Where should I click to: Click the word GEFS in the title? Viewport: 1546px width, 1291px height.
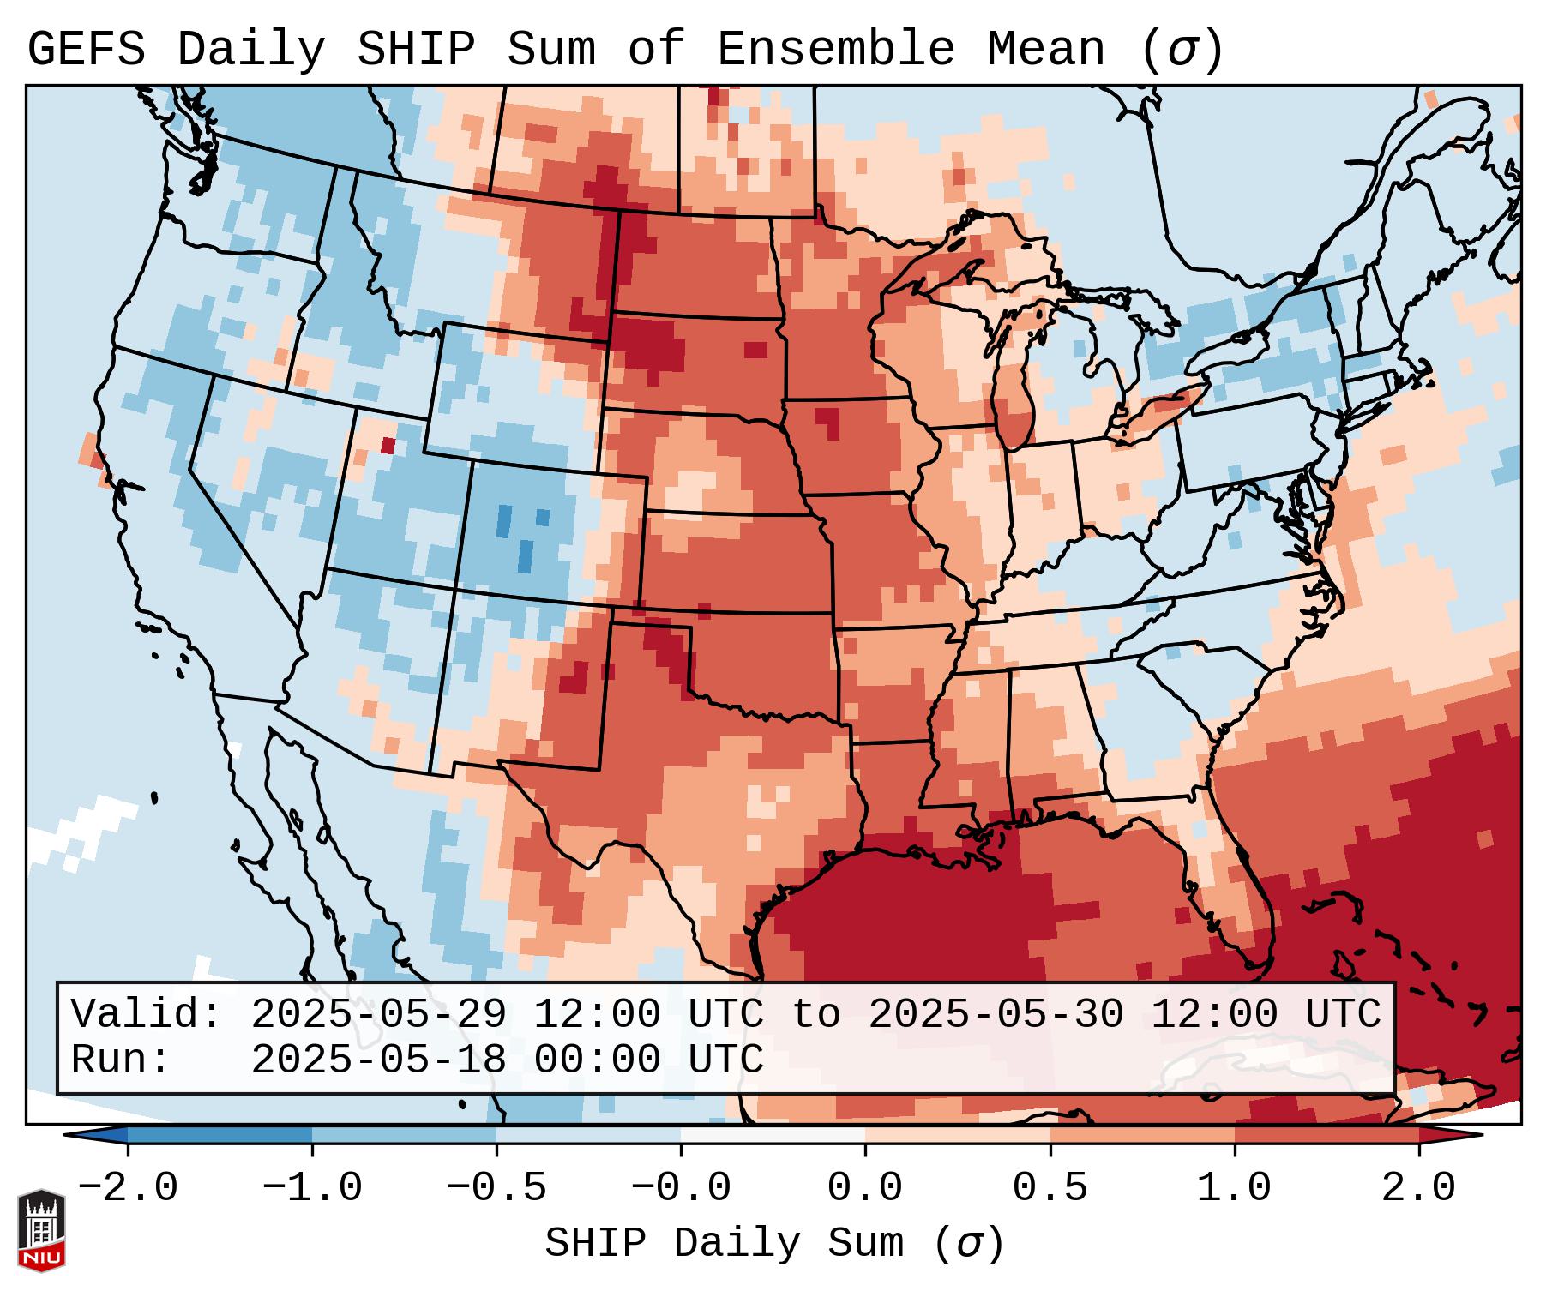[x=86, y=50]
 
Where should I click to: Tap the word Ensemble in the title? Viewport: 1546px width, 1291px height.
[x=835, y=50]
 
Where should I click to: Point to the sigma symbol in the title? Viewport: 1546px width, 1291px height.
[x=1182, y=51]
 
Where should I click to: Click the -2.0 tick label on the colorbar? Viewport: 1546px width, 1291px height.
[x=128, y=1188]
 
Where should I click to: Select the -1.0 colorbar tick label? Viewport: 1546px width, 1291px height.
[x=312, y=1188]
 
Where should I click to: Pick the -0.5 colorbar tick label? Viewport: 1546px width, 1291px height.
[x=496, y=1188]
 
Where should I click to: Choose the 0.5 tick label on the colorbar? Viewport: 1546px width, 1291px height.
[x=1050, y=1188]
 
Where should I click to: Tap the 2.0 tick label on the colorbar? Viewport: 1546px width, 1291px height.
[x=1418, y=1188]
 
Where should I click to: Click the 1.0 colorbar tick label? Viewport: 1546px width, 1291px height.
[x=1234, y=1188]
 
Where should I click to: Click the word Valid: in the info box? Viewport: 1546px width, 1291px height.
[x=146, y=1015]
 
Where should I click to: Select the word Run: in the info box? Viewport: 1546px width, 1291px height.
[x=120, y=1060]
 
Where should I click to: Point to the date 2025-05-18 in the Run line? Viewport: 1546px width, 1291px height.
[x=378, y=1060]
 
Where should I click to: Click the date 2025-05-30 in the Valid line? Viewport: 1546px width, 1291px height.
[x=996, y=1015]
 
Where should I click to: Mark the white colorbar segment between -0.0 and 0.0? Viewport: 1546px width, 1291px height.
[x=773, y=1135]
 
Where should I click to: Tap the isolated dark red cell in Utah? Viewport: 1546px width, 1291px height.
[x=388, y=445]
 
